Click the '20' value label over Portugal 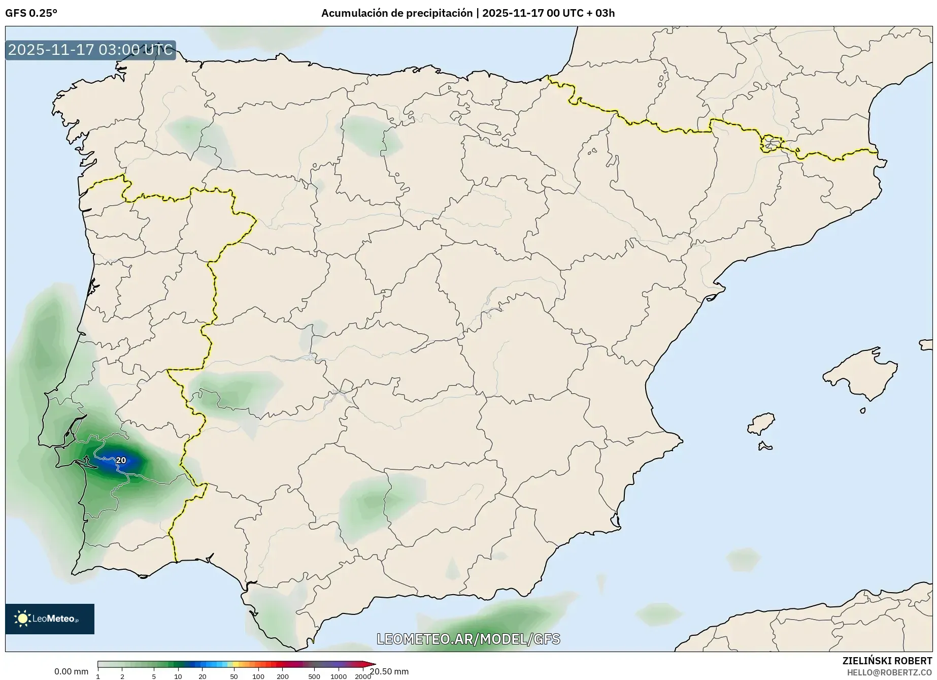pyautogui.click(x=121, y=461)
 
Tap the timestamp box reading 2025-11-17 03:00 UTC pyautogui.click(x=90, y=50)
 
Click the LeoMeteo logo pyautogui.click(x=50, y=619)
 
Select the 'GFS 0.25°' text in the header pyautogui.click(x=31, y=13)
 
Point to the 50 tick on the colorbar pyautogui.click(x=234, y=676)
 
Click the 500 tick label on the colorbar pyautogui.click(x=314, y=676)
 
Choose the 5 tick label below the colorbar pyautogui.click(x=154, y=676)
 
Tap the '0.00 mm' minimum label pyautogui.click(x=71, y=671)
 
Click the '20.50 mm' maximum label pyautogui.click(x=389, y=671)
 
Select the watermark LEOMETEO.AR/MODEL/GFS pyautogui.click(x=468, y=639)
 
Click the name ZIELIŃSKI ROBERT pyautogui.click(x=887, y=661)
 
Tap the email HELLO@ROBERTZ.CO pyautogui.click(x=889, y=672)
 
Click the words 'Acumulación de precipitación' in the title pyautogui.click(x=396, y=13)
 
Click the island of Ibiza pyautogui.click(x=762, y=423)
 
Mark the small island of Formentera pyautogui.click(x=765, y=447)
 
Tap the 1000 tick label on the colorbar pyautogui.click(x=339, y=676)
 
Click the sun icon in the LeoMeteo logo pyautogui.click(x=22, y=619)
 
